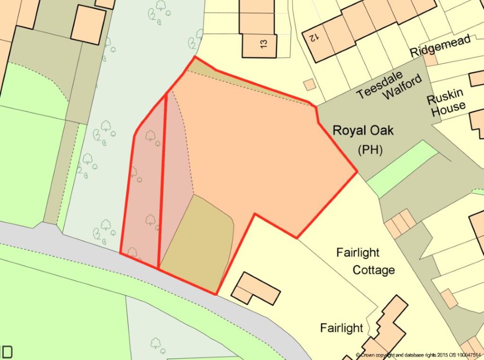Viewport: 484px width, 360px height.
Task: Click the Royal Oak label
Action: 363,131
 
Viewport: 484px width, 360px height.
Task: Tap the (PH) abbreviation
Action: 370,150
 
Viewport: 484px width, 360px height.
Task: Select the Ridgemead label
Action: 441,45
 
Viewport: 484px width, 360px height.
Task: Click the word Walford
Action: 402,87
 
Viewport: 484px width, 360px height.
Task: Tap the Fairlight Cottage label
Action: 365,261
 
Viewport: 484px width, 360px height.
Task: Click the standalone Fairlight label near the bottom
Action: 342,328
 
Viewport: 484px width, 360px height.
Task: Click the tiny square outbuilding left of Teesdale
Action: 309,84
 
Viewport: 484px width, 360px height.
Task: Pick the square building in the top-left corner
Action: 88,24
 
